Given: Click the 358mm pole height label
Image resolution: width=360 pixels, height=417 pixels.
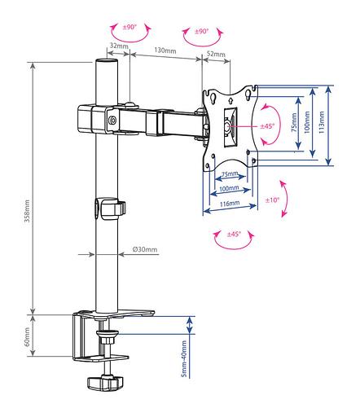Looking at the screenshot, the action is (27, 211).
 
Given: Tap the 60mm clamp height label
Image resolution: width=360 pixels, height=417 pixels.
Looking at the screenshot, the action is (27, 336).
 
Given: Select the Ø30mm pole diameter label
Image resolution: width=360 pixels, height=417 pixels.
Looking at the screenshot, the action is (145, 249).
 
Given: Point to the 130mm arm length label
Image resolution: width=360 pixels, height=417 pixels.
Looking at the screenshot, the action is (165, 50).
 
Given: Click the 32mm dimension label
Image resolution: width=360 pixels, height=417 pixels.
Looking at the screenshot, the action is (119, 46).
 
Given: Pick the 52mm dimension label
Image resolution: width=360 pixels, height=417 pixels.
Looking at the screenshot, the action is (216, 54).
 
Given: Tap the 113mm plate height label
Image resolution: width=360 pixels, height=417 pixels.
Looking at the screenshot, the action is (322, 122).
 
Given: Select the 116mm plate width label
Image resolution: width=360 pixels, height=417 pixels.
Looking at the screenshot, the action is (230, 204).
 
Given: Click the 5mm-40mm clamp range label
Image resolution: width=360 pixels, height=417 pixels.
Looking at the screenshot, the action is (184, 358).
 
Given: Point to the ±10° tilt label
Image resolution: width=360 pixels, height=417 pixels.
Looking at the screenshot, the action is (272, 200).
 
